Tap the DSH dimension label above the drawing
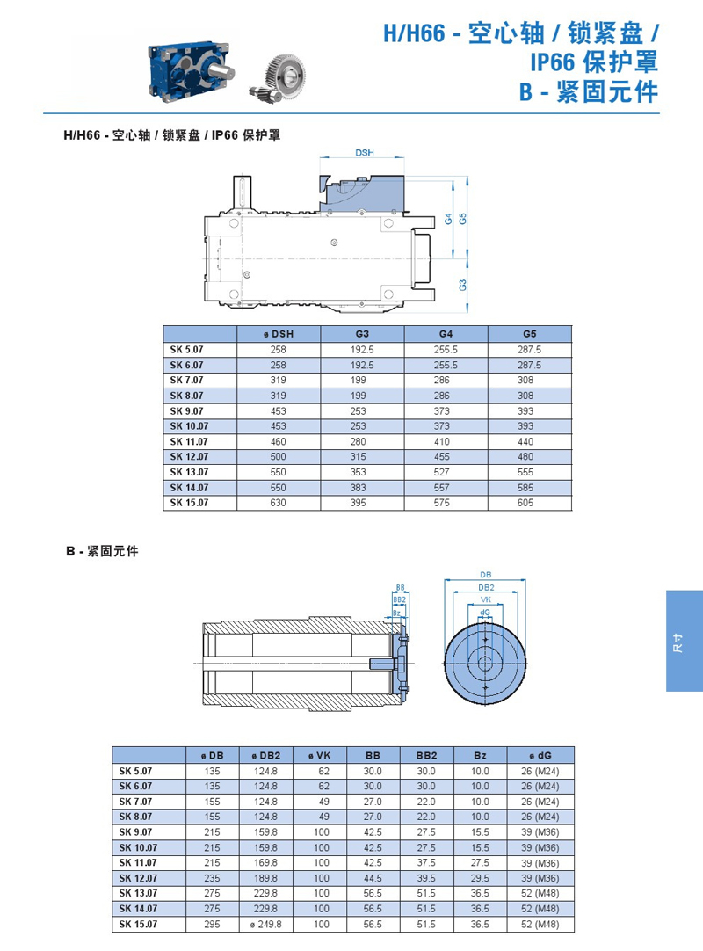pyautogui.click(x=365, y=153)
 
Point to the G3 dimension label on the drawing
pyautogui.click(x=463, y=285)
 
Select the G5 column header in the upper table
pyautogui.click(x=530, y=334)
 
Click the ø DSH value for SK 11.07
pyautogui.click(x=278, y=441)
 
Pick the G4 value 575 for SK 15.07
pyautogui.click(x=442, y=503)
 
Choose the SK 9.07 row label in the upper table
pyautogui.click(x=187, y=410)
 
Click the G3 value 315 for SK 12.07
pyautogui.click(x=358, y=457)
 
